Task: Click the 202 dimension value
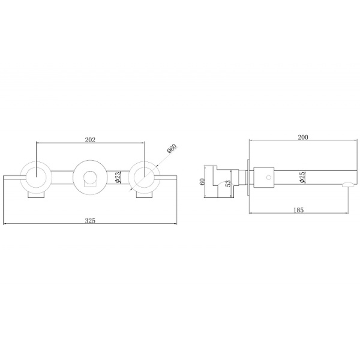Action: point(90,140)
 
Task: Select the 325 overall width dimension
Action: point(90,220)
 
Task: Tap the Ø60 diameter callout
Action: point(172,149)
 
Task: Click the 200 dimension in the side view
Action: point(303,137)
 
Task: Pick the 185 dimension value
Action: point(298,210)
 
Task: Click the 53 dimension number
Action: point(228,184)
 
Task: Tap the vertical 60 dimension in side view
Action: point(202,182)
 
